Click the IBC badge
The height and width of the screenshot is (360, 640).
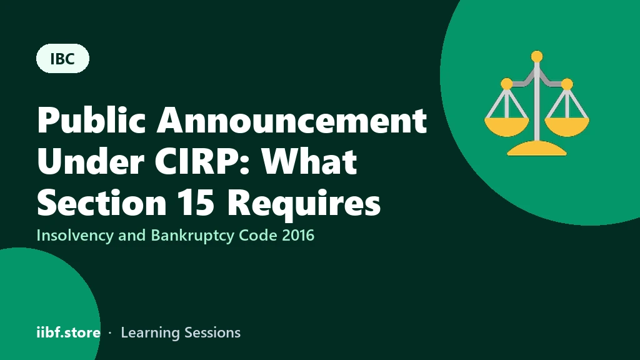[62, 58]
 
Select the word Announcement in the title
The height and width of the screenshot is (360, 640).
[292, 120]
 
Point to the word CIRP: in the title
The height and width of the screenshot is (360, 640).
[202, 161]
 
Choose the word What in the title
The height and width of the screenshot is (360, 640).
[309, 161]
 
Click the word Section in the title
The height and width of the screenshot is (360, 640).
[102, 202]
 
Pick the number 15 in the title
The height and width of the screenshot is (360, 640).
[197, 202]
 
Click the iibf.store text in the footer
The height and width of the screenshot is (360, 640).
[69, 332]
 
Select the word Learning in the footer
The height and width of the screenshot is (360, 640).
[151, 333]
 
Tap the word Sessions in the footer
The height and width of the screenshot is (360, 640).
[212, 332]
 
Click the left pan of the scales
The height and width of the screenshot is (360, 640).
[506, 126]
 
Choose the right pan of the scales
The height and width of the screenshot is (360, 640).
[567, 126]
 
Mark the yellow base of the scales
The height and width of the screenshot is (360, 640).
[537, 149]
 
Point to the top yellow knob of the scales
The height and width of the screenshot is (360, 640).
[537, 56]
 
